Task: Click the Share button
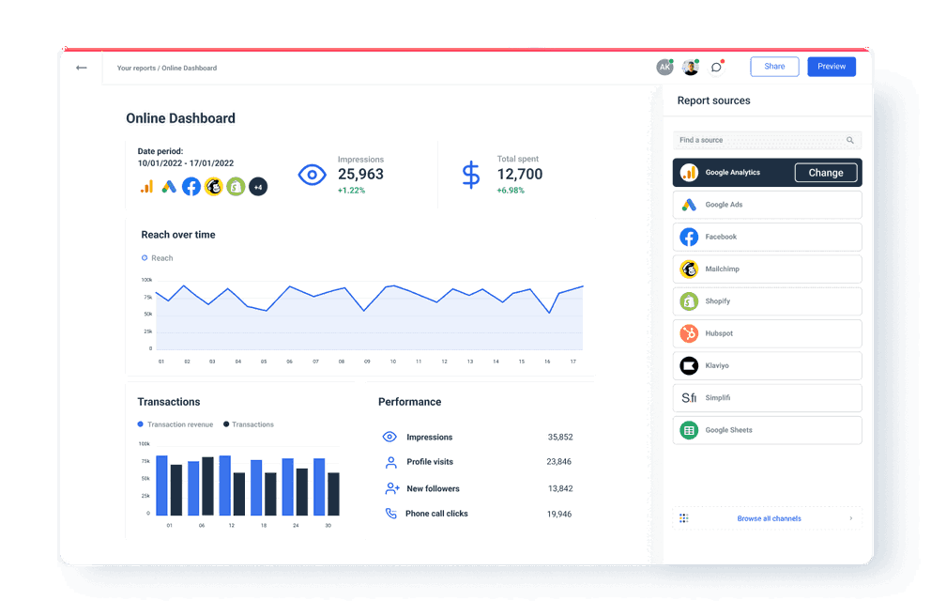tap(774, 67)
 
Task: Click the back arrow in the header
tap(82, 68)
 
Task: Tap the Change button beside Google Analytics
tap(826, 173)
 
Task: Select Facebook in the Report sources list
tap(767, 237)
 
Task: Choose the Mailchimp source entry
tap(767, 269)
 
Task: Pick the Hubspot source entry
tap(767, 333)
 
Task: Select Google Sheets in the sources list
tap(767, 430)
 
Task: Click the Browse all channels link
tap(768, 518)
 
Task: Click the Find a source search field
tap(760, 140)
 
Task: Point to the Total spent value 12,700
tap(519, 174)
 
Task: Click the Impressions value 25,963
tap(360, 174)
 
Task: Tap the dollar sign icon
tap(470, 175)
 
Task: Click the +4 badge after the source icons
tap(258, 187)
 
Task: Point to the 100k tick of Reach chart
tap(146, 280)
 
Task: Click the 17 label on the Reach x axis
tap(572, 362)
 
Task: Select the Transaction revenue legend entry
tap(179, 424)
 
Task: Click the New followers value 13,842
tap(559, 488)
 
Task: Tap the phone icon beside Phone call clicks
tap(391, 514)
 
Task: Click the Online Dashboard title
tap(180, 118)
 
